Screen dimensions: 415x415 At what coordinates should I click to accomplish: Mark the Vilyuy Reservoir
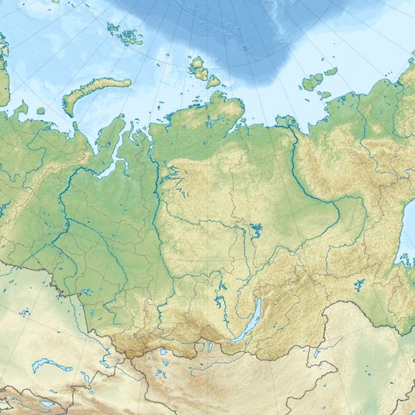[x=254, y=229]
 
